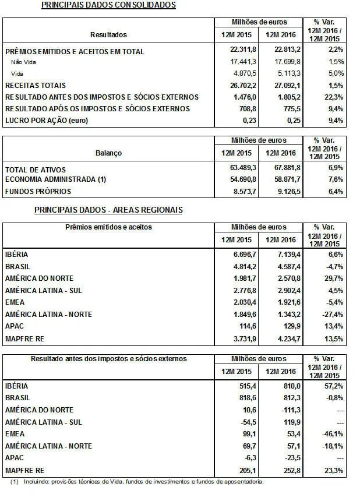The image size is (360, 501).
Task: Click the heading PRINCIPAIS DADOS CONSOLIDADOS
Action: (108, 5)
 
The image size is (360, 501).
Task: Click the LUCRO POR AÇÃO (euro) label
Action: (47, 120)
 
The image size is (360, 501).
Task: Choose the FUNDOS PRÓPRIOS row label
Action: (38, 191)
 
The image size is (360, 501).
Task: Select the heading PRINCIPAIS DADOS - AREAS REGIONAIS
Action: (108, 210)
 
